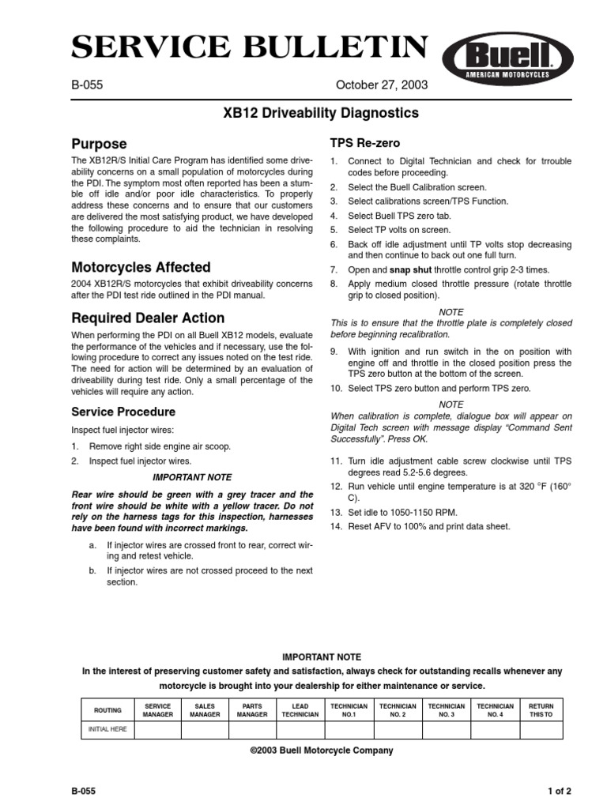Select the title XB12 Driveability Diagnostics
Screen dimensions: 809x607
tap(322, 113)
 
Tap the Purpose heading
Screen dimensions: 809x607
tap(99, 144)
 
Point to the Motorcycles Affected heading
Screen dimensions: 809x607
tap(141, 267)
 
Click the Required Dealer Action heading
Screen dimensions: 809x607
tap(148, 318)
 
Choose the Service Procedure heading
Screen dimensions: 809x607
tap(123, 412)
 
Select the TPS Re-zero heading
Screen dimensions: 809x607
tap(364, 143)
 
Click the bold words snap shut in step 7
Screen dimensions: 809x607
tap(411, 269)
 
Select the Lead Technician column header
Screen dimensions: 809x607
tap(300, 709)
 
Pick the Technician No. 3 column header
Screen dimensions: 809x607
tap(447, 709)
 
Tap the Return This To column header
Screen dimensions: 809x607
tap(541, 709)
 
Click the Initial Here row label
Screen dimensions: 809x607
tap(107, 729)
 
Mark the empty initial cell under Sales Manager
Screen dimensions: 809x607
tap(205, 729)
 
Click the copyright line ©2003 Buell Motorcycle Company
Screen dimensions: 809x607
tap(321, 751)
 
